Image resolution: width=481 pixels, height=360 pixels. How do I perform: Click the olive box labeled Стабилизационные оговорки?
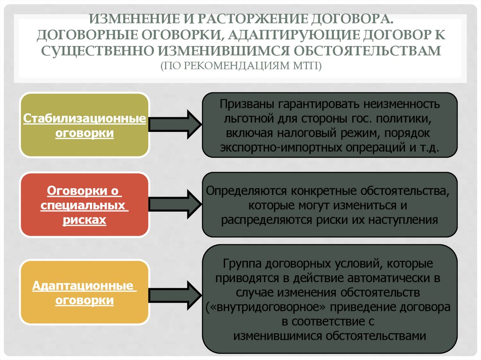(85, 125)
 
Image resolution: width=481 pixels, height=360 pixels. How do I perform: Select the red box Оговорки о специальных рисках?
(85, 205)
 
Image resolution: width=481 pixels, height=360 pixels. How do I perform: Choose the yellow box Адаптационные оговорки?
(85, 292)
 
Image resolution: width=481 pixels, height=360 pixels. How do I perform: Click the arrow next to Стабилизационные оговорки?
(175, 125)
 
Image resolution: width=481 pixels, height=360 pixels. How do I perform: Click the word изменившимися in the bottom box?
(279, 336)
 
